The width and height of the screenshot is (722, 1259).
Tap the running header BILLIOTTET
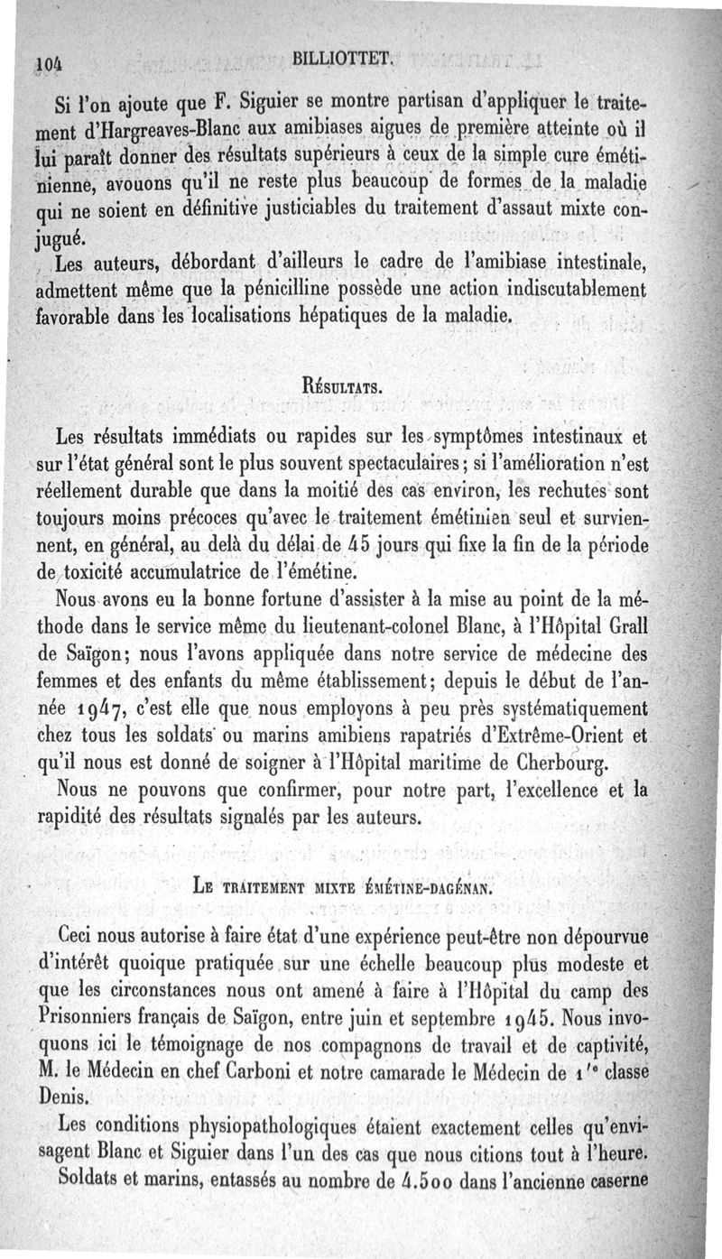pyautogui.click(x=344, y=60)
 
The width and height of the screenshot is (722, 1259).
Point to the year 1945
pyautogui.click(x=523, y=1023)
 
